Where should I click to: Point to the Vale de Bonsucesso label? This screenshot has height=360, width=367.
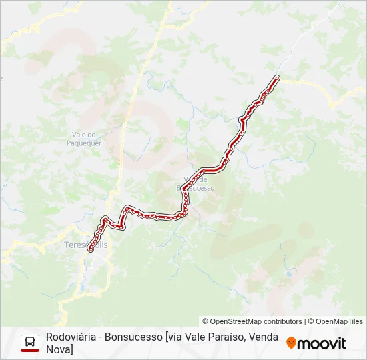(196, 184)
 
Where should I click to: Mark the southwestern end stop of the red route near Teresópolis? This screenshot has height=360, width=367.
(90, 249)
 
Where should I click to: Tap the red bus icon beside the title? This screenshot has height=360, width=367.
(30, 343)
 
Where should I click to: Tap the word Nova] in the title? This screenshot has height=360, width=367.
(60, 349)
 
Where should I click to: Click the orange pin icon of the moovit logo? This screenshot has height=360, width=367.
(291, 343)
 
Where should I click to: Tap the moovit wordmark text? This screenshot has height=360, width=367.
(322, 344)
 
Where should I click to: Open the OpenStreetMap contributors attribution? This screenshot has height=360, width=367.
(252, 321)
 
